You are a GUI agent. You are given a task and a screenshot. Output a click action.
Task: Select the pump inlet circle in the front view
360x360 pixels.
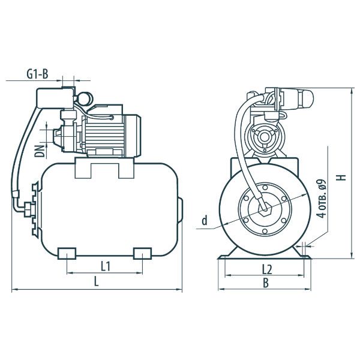pyautogui.click(x=264, y=139)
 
